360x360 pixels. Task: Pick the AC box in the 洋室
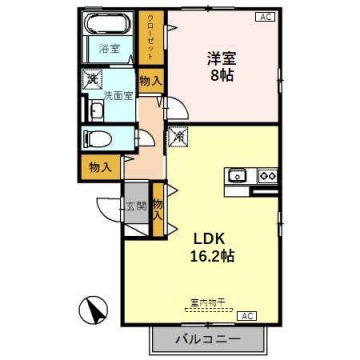point(264,17)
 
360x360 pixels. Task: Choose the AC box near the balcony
point(248,315)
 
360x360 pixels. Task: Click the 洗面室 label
point(119,96)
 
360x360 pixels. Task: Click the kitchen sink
point(238,177)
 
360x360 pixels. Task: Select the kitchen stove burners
point(267,177)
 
